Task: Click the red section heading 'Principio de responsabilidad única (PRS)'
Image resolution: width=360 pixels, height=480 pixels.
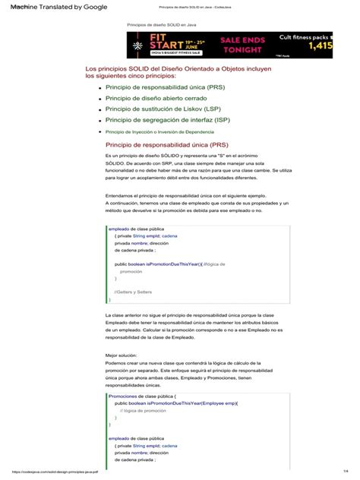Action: [x=167, y=144]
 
